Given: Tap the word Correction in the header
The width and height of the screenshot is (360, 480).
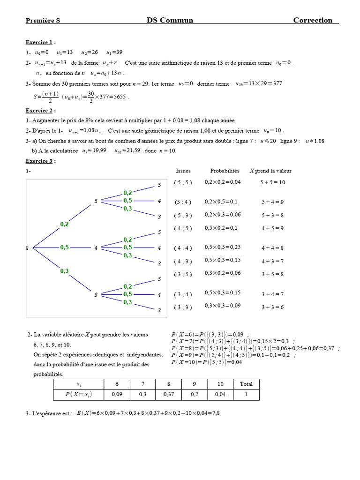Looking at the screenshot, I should [313, 20].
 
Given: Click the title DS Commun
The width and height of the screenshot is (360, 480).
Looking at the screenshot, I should [170, 20].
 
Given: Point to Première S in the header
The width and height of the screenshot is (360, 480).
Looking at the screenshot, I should [43, 21].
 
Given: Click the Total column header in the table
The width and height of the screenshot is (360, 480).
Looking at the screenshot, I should [246, 384].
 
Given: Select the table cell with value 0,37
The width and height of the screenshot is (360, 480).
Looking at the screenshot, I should [169, 395].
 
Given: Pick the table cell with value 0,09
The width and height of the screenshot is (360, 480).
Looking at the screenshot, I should [117, 395].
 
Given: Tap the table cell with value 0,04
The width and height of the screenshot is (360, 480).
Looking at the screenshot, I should [220, 395].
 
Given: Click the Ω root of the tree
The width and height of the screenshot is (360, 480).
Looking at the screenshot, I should [27, 247].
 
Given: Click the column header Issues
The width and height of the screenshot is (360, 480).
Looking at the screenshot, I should [183, 171].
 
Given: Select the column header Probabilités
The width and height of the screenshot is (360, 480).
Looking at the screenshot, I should [225, 171].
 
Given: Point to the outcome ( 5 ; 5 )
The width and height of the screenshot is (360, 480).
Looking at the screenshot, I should [183, 182].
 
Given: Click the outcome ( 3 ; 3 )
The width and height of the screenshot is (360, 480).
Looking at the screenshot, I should [183, 307].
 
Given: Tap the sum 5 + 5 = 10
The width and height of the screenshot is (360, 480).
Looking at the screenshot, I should [272, 182].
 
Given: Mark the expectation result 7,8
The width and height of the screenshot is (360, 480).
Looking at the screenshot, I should [216, 413].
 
